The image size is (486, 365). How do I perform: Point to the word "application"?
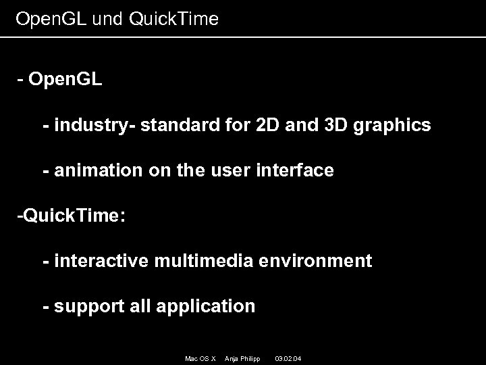206,307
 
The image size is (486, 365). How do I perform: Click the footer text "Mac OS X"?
200,358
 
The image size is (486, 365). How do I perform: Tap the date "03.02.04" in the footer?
288,358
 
